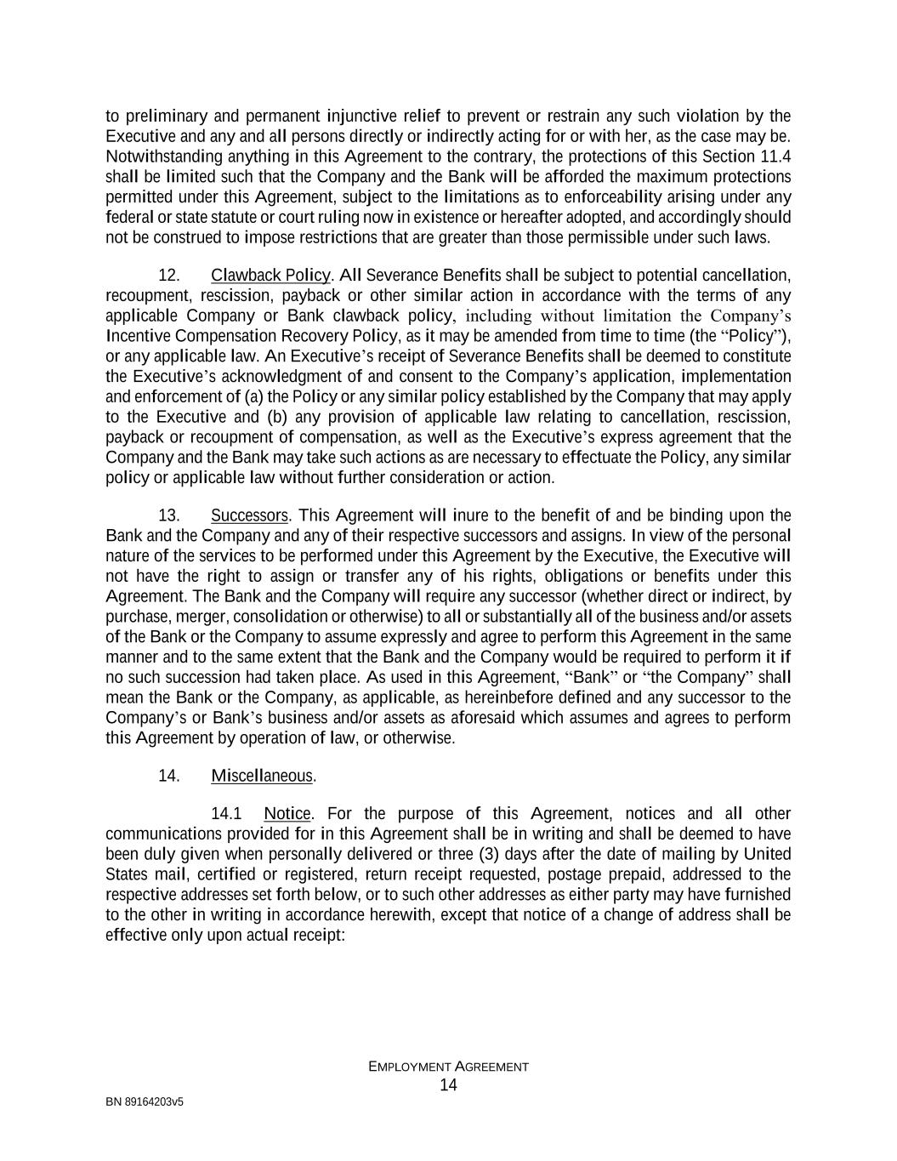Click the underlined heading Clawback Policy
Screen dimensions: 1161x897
click(x=270, y=276)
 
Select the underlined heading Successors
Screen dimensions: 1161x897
click(x=250, y=516)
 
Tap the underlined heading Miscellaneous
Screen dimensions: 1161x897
click(x=262, y=776)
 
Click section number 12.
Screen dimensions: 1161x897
click(x=169, y=276)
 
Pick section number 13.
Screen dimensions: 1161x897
click(x=169, y=516)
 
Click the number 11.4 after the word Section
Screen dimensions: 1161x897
click(x=775, y=157)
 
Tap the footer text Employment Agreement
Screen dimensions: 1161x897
click(x=448, y=1067)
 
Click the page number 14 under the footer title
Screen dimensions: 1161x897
click(x=448, y=1084)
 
